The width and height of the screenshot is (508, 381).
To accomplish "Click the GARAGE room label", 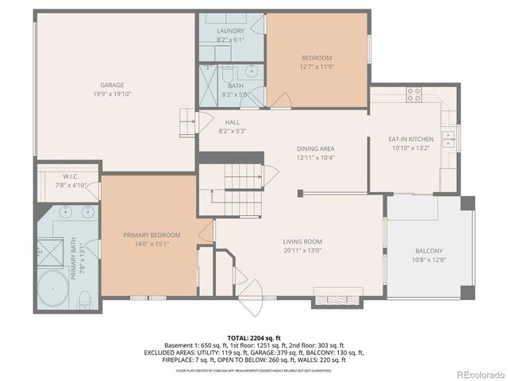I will point(111,85).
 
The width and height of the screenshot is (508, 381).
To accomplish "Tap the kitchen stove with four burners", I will point(414,95).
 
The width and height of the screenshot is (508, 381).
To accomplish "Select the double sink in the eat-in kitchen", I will point(449,140).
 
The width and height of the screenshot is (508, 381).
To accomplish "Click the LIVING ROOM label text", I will point(302,241).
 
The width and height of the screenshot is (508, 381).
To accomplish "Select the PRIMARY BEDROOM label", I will point(151,235).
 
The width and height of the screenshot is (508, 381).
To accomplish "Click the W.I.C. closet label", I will point(69,177).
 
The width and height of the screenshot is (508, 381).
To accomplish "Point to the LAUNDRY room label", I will point(230,30).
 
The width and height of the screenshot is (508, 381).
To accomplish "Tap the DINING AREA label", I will point(315,148).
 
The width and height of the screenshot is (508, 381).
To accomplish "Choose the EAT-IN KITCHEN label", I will point(410,138).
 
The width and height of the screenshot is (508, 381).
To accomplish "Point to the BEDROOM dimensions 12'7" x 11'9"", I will point(316,67).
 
